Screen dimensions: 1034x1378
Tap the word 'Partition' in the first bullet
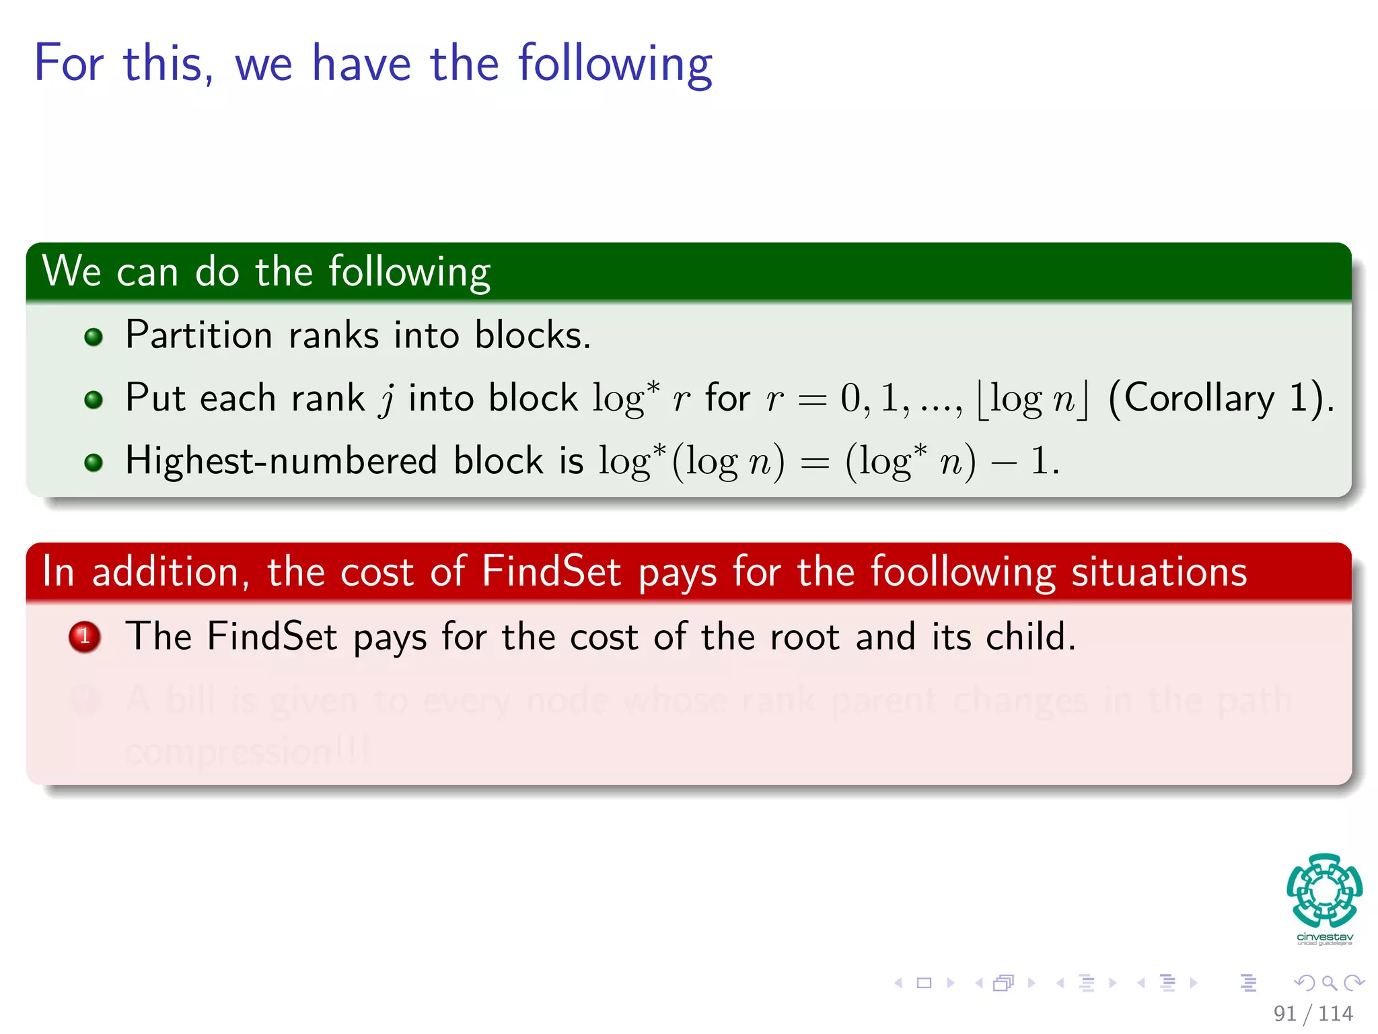[198, 335]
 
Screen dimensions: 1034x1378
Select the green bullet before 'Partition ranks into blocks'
[94, 337]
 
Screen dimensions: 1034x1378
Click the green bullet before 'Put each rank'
[94, 400]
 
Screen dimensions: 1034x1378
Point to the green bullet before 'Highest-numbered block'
[94, 462]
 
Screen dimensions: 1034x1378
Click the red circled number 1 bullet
[85, 636]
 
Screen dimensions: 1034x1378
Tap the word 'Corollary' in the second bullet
[1199, 398]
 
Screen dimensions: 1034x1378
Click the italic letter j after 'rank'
[386, 399]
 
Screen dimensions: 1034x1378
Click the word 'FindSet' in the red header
[550, 572]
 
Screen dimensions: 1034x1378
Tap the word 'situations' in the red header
[1159, 572]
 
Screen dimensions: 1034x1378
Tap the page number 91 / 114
[1313, 1013]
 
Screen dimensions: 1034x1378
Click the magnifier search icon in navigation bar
[1329, 983]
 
